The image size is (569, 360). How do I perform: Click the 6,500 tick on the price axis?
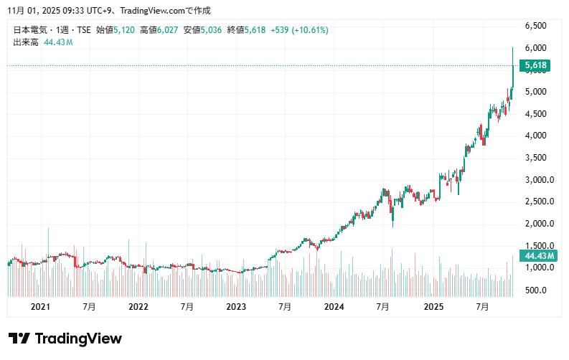tap(536, 26)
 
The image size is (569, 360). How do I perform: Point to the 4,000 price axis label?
tap(536, 136)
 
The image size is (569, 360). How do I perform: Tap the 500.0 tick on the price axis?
tap(536, 290)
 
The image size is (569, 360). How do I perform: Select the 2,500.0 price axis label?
tap(539, 202)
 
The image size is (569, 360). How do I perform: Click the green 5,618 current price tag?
tap(537, 66)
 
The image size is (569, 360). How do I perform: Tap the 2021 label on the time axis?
tap(40, 307)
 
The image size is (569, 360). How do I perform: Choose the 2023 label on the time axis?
tap(236, 307)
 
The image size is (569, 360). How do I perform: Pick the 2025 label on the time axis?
tap(433, 307)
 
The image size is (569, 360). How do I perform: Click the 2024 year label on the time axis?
tap(334, 307)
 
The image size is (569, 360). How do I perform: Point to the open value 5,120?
tap(125, 30)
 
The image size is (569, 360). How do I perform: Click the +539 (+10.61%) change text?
tap(300, 30)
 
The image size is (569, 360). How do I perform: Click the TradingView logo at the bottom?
tap(65, 338)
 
